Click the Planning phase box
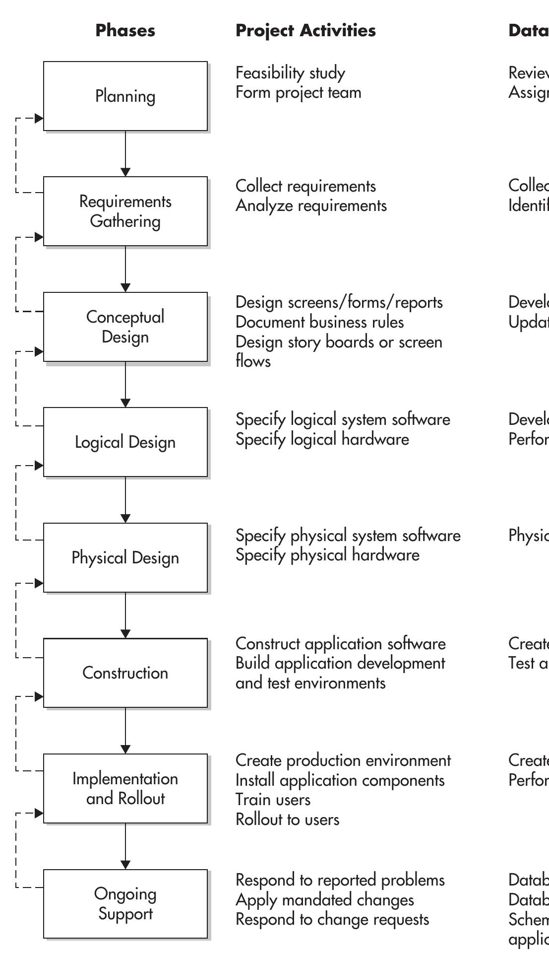tap(125, 96)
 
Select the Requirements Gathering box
tap(125, 211)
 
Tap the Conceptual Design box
tap(125, 327)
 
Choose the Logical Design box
tap(125, 442)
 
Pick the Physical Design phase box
tap(125, 557)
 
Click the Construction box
tap(125, 673)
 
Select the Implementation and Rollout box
tap(125, 788)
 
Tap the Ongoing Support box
tap(125, 903)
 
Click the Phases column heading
tap(125, 30)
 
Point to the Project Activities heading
tap(305, 30)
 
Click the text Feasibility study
tap(290, 73)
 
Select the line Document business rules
tap(319, 322)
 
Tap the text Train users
tap(273, 800)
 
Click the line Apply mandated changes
tap(324, 900)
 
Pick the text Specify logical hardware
tap(322, 439)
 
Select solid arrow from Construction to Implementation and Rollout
tap(125, 730)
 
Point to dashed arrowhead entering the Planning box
tap(39, 119)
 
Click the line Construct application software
tap(340, 644)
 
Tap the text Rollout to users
tap(287, 820)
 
